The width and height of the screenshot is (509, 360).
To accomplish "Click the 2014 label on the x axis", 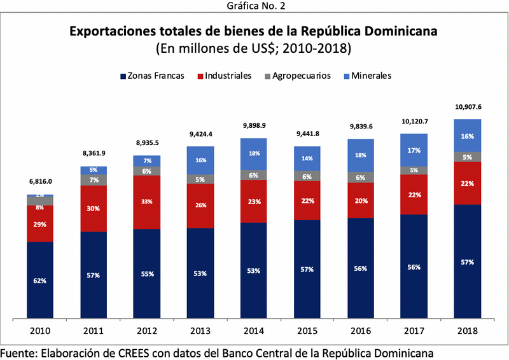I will (253, 331).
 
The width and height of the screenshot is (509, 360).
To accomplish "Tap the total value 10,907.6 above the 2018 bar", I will (467, 107).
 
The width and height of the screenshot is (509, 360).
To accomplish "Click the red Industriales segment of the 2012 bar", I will (146, 202).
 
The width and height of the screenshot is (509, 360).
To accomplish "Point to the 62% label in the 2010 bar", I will (40, 280).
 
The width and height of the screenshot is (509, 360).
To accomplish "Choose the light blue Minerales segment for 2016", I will (360, 155).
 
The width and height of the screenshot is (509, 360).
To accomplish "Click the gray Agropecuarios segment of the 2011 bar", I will (94, 180).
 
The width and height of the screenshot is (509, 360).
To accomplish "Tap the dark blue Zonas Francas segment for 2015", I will (307, 269).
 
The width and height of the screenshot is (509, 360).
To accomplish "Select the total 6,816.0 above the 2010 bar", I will (40, 181).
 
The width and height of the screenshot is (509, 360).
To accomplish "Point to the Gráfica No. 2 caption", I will (254, 6).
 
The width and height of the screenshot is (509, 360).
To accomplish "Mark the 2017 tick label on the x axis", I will (414, 331).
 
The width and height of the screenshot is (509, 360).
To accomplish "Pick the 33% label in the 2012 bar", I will (146, 202).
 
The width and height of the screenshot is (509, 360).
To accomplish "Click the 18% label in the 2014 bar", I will (253, 154).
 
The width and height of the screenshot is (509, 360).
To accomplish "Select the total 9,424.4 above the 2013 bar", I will (200, 134).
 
